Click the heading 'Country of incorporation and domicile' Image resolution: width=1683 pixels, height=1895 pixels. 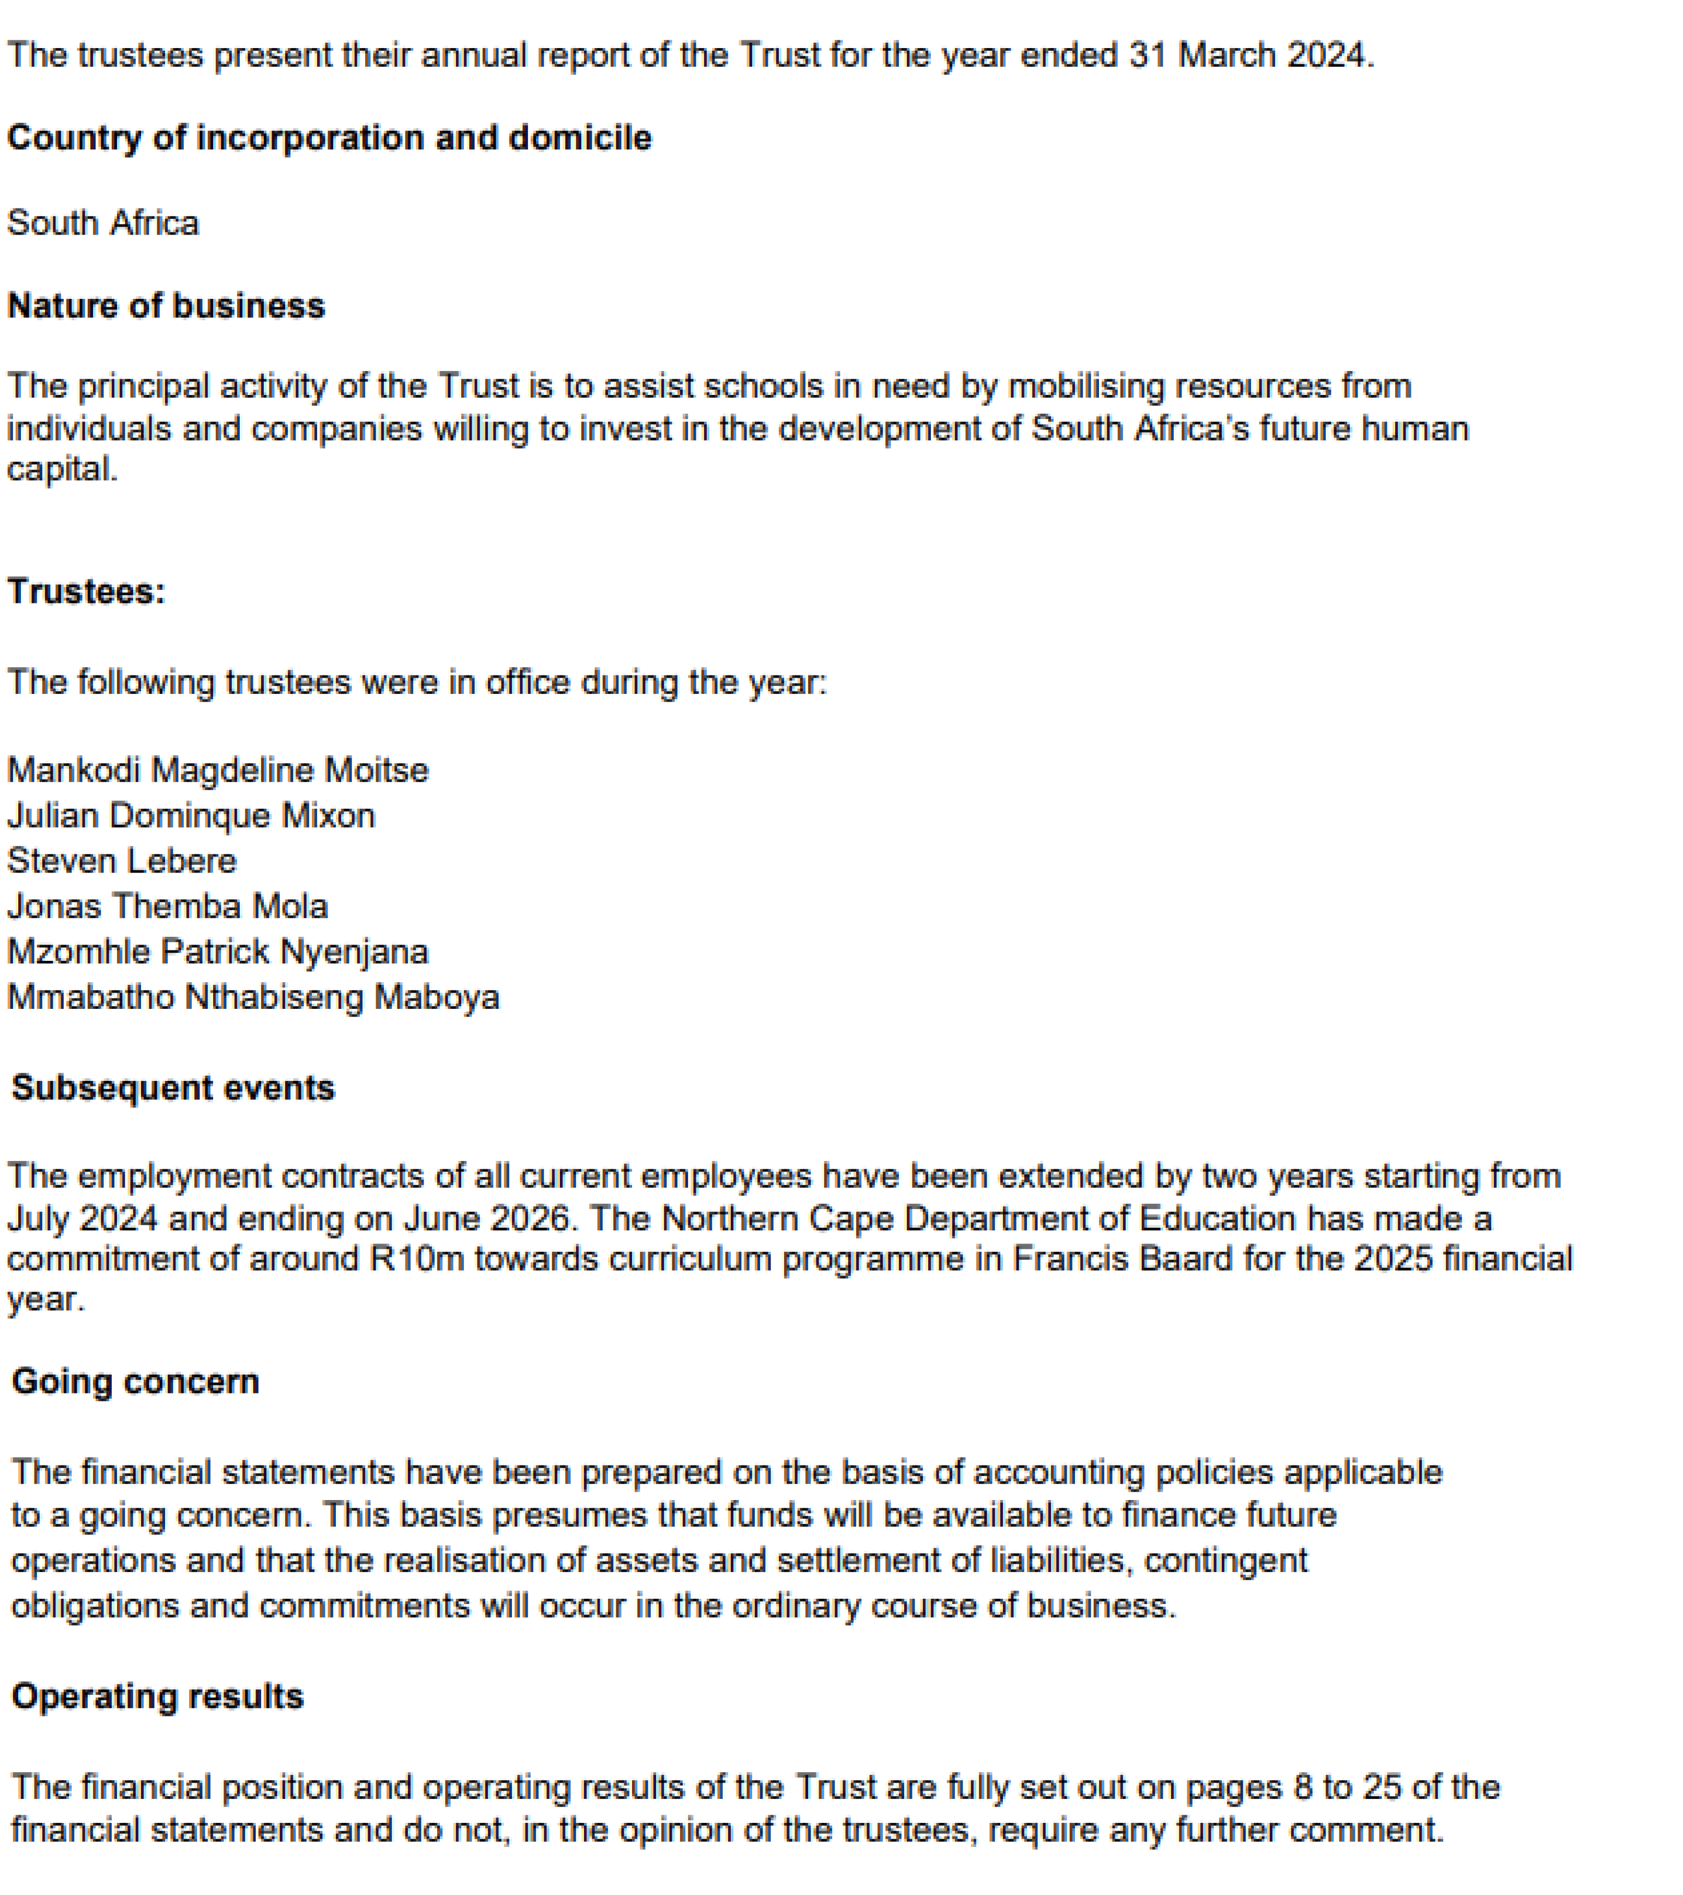point(329,138)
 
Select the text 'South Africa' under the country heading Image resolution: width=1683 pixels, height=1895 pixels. point(103,224)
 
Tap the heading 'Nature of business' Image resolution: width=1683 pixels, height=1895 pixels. point(166,306)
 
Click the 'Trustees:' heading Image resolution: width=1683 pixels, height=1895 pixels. point(86,591)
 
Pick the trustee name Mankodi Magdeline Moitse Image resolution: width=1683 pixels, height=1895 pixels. point(218,771)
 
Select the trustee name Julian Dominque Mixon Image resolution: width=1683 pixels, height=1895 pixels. point(191,816)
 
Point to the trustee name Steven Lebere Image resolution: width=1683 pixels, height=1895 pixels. point(121,861)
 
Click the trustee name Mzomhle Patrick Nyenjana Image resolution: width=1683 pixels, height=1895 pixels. point(218,952)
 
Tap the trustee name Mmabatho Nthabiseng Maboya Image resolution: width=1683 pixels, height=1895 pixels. point(253,997)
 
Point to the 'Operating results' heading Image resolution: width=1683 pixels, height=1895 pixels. point(158,1696)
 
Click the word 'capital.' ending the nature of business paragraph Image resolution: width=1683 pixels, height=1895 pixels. point(62,470)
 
